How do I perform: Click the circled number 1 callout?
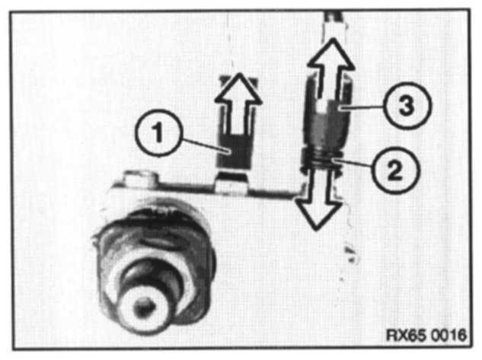point(158,133)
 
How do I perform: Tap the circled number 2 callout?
point(395,170)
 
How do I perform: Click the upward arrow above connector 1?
point(238,104)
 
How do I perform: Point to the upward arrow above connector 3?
point(330,71)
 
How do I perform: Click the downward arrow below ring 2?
point(318,199)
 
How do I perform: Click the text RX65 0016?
point(426,335)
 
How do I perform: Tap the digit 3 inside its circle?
point(407,105)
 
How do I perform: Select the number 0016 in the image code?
point(448,335)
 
